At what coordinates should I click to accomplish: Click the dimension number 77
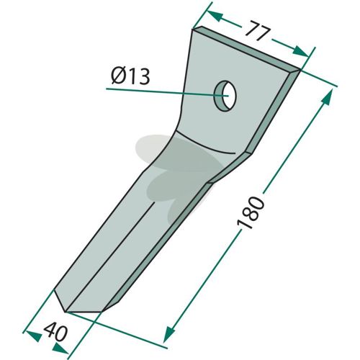pos(258,31)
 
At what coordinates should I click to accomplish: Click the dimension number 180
pos(251,212)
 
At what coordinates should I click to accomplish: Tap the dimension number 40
pos(55,332)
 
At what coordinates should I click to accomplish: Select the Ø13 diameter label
pos(131,76)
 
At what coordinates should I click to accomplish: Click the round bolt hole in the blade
pos(225,96)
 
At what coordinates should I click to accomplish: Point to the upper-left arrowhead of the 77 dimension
pos(215,16)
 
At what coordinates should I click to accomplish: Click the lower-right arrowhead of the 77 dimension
pos(301,51)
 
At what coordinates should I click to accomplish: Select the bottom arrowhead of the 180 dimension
pos(168,334)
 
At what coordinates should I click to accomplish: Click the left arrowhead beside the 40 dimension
pos(33,336)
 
